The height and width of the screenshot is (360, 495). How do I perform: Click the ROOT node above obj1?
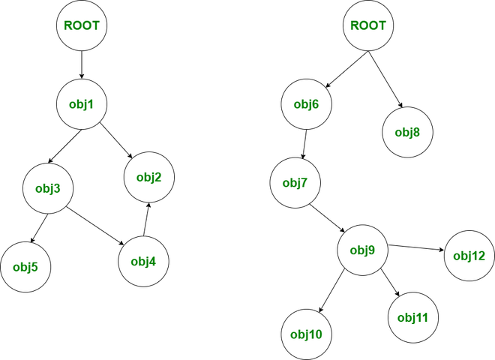pyautogui.click(x=82, y=25)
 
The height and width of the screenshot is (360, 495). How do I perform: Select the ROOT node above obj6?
pyautogui.click(x=368, y=25)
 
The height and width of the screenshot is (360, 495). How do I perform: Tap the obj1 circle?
pyautogui.click(x=82, y=103)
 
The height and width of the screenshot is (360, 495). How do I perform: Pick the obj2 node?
pyautogui.click(x=148, y=177)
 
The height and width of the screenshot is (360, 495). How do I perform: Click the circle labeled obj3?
pyautogui.click(x=48, y=188)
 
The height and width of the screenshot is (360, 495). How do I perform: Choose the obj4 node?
pyautogui.click(x=143, y=261)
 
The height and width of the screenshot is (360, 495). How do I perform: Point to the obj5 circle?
pyautogui.click(x=25, y=266)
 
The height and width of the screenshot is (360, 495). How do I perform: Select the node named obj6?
pyautogui.click(x=306, y=103)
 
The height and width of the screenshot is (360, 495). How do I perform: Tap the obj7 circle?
pyautogui.click(x=295, y=182)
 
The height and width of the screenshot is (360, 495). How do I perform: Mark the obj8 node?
pyautogui.click(x=407, y=132)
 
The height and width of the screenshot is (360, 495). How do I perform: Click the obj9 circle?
pyautogui.click(x=361, y=250)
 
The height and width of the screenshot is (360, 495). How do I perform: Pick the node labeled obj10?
pyautogui.click(x=306, y=334)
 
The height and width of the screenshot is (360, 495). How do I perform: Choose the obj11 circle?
pyautogui.click(x=412, y=317)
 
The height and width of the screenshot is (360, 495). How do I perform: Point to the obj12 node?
pyautogui.click(x=469, y=256)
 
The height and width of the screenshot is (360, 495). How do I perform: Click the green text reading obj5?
pyautogui.click(x=25, y=266)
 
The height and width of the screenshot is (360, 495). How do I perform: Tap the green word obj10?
pyautogui.click(x=306, y=334)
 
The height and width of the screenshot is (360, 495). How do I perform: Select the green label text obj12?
pyautogui.click(x=469, y=256)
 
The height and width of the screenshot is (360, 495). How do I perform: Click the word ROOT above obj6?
pyautogui.click(x=368, y=25)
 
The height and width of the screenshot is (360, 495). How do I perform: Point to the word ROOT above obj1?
pyautogui.click(x=82, y=25)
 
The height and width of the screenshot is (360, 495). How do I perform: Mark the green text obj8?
pyautogui.click(x=407, y=132)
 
